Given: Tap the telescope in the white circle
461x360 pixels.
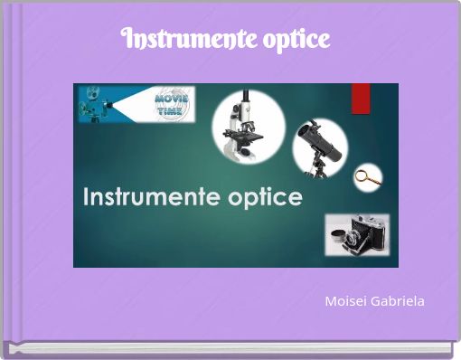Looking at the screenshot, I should (x=320, y=146).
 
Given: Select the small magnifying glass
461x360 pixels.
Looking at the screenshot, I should (x=366, y=176).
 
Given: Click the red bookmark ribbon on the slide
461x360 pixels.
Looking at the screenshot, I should (x=361, y=98).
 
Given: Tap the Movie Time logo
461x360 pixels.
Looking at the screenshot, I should (x=172, y=104).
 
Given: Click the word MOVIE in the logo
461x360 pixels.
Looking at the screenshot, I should (x=172, y=96).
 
